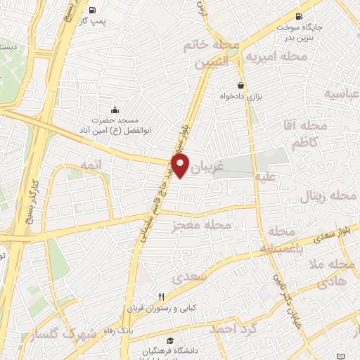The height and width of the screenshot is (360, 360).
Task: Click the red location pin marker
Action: (x=181, y=167)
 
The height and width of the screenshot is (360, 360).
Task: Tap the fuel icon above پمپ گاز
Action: (x=94, y=11)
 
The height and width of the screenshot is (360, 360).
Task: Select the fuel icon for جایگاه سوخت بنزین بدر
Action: (x=300, y=17)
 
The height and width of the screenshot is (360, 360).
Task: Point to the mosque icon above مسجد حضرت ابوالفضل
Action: (x=115, y=110)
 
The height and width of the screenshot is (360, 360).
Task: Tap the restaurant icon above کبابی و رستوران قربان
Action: (x=162, y=296)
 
